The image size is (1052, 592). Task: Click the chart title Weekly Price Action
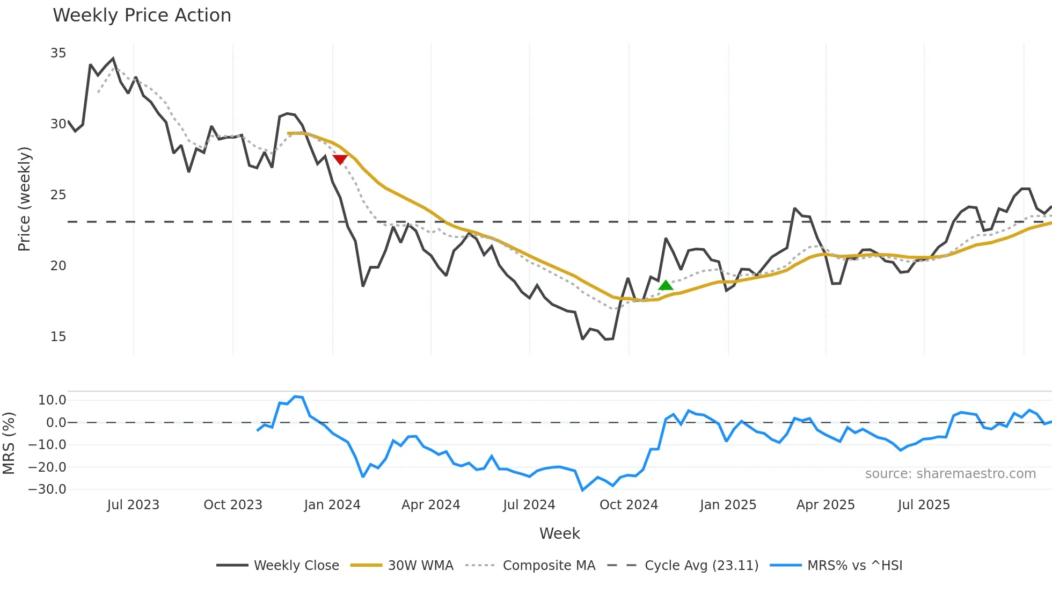[142, 16]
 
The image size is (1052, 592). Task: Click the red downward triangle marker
[340, 159]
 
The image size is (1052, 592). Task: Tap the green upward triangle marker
[666, 285]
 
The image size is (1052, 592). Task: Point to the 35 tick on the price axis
[58, 53]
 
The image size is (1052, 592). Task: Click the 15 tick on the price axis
[58, 337]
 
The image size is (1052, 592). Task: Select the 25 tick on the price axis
[58, 195]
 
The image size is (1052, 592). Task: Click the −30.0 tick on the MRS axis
[47, 489]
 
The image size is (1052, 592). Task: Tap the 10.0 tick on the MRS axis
[52, 400]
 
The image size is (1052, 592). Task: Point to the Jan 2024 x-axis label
[332, 505]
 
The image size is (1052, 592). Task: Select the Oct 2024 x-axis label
[629, 505]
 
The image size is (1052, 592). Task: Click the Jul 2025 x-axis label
[924, 505]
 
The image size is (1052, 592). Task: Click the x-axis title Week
[559, 533]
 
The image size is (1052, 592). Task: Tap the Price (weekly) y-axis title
[24, 199]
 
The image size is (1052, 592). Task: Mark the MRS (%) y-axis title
[9, 443]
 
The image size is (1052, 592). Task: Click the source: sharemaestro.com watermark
[950, 474]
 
